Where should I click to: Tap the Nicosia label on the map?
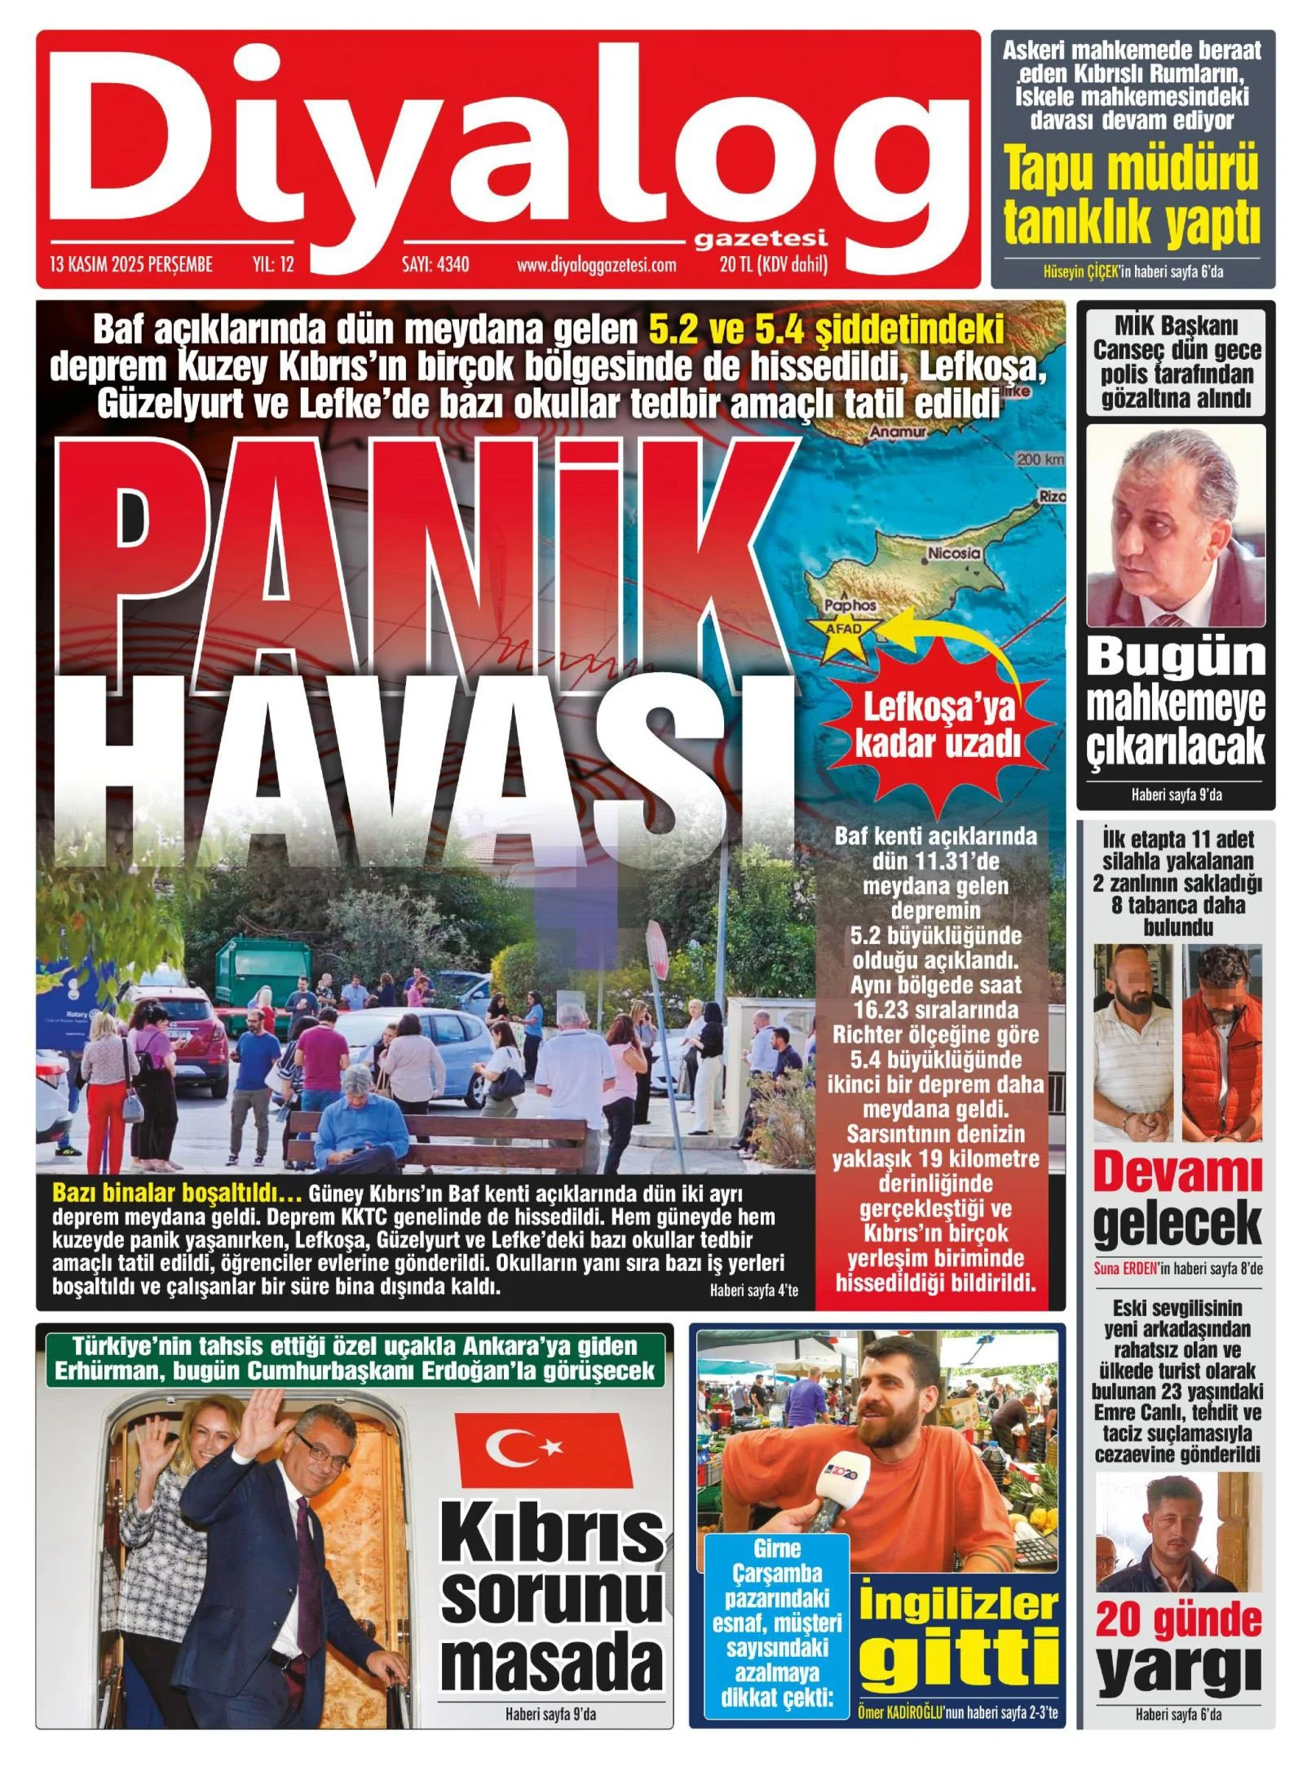click(x=953, y=552)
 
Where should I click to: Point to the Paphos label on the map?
click(x=850, y=605)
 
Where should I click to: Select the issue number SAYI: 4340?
click(x=435, y=264)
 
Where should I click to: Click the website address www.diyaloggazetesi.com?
click(x=596, y=264)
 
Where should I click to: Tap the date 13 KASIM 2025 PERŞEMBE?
click(x=131, y=264)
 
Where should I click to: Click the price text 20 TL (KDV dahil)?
click(x=773, y=264)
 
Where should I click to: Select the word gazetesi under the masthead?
click(x=760, y=238)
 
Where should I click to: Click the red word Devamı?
click(x=1176, y=1172)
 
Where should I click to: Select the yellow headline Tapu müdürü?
click(x=1132, y=168)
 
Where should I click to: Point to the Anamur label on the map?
click(x=898, y=432)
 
